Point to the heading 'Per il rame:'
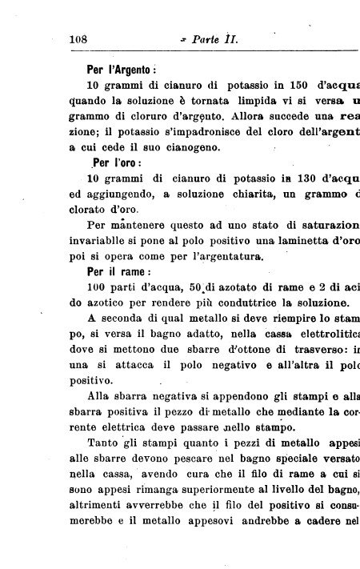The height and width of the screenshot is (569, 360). (x=121, y=271)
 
